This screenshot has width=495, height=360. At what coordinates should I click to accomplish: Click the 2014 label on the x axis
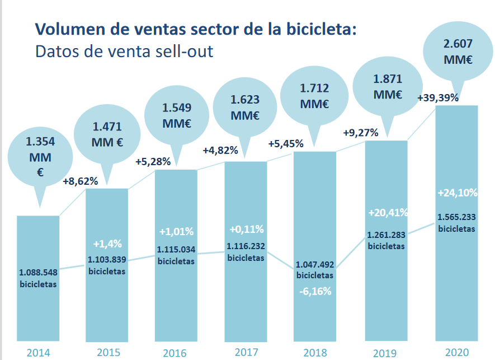pyautogui.click(x=38, y=352)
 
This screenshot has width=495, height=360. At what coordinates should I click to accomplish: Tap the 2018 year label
pyautogui.click(x=315, y=352)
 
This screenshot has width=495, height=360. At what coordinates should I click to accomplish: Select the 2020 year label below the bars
pyautogui.click(x=456, y=352)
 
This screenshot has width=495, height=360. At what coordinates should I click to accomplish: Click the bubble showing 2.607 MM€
pyautogui.click(x=456, y=52)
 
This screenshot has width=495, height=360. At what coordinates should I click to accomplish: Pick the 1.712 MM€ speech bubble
pyautogui.click(x=315, y=96)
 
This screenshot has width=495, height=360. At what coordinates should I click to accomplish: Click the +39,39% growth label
pyautogui.click(x=438, y=97)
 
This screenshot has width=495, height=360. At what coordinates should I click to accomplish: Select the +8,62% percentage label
pyautogui.click(x=81, y=181)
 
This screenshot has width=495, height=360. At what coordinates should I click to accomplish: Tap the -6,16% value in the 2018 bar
pyautogui.click(x=315, y=291)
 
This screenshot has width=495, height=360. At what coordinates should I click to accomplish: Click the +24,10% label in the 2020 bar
pyautogui.click(x=457, y=193)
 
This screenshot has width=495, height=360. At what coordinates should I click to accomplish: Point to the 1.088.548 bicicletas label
pyautogui.click(x=38, y=278)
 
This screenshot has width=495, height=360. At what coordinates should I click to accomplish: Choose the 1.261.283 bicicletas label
pyautogui.click(x=386, y=240)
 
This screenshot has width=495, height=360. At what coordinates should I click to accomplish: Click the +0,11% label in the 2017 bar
pyautogui.click(x=246, y=230)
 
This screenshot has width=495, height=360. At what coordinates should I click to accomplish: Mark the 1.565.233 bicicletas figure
pyautogui.click(x=456, y=223)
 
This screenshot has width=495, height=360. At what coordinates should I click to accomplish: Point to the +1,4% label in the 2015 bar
pyautogui.click(x=107, y=244)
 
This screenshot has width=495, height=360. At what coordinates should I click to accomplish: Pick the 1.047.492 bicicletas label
pyautogui.click(x=315, y=269)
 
